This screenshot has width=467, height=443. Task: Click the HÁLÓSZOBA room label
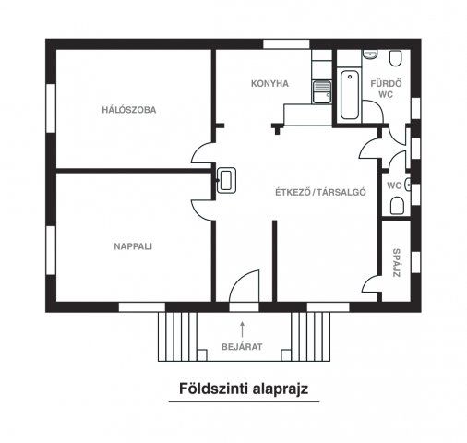(x=129, y=110)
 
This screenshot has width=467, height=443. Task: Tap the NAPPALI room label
(x=133, y=246)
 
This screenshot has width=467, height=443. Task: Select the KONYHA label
(x=269, y=83)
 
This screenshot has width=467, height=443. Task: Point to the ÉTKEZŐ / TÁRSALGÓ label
(x=323, y=193)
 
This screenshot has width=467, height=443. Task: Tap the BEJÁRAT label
(x=242, y=347)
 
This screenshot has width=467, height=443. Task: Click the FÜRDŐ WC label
(x=383, y=88)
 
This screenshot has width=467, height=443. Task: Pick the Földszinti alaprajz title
(x=243, y=389)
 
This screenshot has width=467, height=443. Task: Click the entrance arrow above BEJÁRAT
(x=243, y=326)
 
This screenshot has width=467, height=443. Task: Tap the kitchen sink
(x=322, y=91)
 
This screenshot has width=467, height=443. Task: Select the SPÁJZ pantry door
(x=373, y=279)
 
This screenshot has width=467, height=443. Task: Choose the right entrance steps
(x=313, y=337)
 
